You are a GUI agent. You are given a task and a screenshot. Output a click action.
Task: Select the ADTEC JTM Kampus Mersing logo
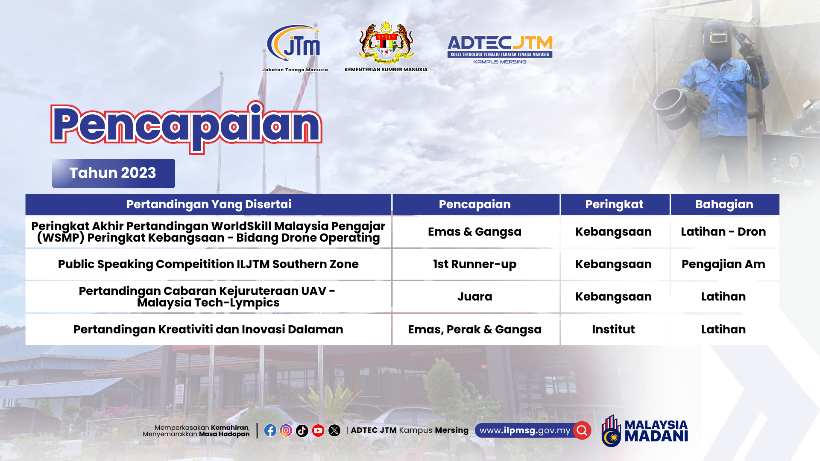[x=500, y=50]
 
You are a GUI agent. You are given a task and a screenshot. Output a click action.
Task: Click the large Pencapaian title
[x=186, y=127]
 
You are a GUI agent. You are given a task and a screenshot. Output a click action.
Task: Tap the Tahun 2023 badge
[x=114, y=173]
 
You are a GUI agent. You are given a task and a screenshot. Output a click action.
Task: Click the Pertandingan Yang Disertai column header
[x=208, y=204]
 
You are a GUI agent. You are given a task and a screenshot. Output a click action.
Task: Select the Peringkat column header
[x=615, y=204]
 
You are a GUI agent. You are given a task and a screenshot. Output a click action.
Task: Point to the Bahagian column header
[x=725, y=204]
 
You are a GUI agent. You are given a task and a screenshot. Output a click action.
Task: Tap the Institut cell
[x=614, y=330]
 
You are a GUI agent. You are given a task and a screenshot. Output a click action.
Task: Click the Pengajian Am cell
[x=723, y=264]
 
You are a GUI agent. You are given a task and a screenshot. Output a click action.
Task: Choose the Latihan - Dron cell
[x=723, y=232]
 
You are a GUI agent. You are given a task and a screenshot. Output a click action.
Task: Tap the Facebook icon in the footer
[x=270, y=430]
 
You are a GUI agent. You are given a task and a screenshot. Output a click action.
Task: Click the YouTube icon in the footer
[x=318, y=430]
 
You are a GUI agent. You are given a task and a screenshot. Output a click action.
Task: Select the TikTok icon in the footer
[x=302, y=431]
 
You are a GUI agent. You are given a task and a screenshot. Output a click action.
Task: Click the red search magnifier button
[x=582, y=430]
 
